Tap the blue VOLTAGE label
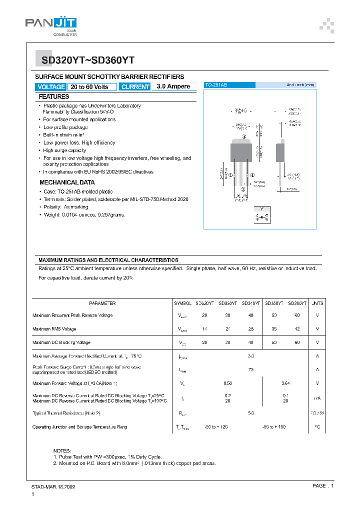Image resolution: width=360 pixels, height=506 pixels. pos(51,86)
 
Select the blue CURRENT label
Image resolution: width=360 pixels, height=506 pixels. pos(135,86)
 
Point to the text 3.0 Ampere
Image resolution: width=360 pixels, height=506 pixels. pos(173,86)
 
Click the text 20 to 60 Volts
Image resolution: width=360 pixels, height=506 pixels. pos(89,86)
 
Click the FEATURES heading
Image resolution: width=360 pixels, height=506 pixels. pos(54,96)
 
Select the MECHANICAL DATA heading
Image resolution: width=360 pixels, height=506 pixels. pos(67,182)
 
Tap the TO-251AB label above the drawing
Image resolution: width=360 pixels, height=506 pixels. pos(216,85)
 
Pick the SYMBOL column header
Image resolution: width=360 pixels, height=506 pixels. pos(182,303)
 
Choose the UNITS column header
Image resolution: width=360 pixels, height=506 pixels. pos(317,303)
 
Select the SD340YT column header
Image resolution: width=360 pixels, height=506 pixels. pos(250,303)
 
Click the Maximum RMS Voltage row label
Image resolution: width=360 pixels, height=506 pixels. pos(54,329)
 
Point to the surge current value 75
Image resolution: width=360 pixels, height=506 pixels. pos(251,369)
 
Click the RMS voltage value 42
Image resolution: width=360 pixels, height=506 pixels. pos(297,329)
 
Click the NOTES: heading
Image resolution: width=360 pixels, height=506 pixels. pos(62,450)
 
